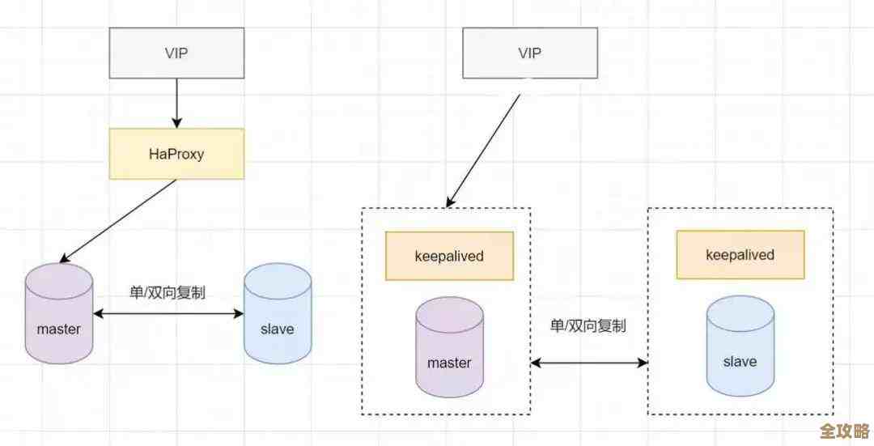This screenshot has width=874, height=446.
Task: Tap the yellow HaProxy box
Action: point(176,154)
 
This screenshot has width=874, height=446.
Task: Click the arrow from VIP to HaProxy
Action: point(176,103)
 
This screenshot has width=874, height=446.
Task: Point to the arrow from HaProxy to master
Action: point(121,220)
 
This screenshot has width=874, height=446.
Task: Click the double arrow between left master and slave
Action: point(168,313)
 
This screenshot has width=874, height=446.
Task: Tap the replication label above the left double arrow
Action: point(168,292)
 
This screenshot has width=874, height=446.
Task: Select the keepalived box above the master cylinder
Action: point(449,256)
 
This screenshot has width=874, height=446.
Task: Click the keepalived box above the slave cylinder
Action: point(740,255)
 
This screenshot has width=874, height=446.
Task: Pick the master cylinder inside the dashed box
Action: point(449,348)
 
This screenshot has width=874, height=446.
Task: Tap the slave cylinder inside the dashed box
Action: point(740,346)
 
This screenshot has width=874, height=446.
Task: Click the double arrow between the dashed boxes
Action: point(589,363)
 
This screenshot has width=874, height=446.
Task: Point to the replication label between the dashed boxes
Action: point(588,326)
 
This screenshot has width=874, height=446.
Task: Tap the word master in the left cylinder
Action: point(59,329)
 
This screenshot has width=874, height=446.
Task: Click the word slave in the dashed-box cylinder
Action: point(740,361)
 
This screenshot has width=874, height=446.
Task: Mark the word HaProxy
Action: point(176,154)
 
